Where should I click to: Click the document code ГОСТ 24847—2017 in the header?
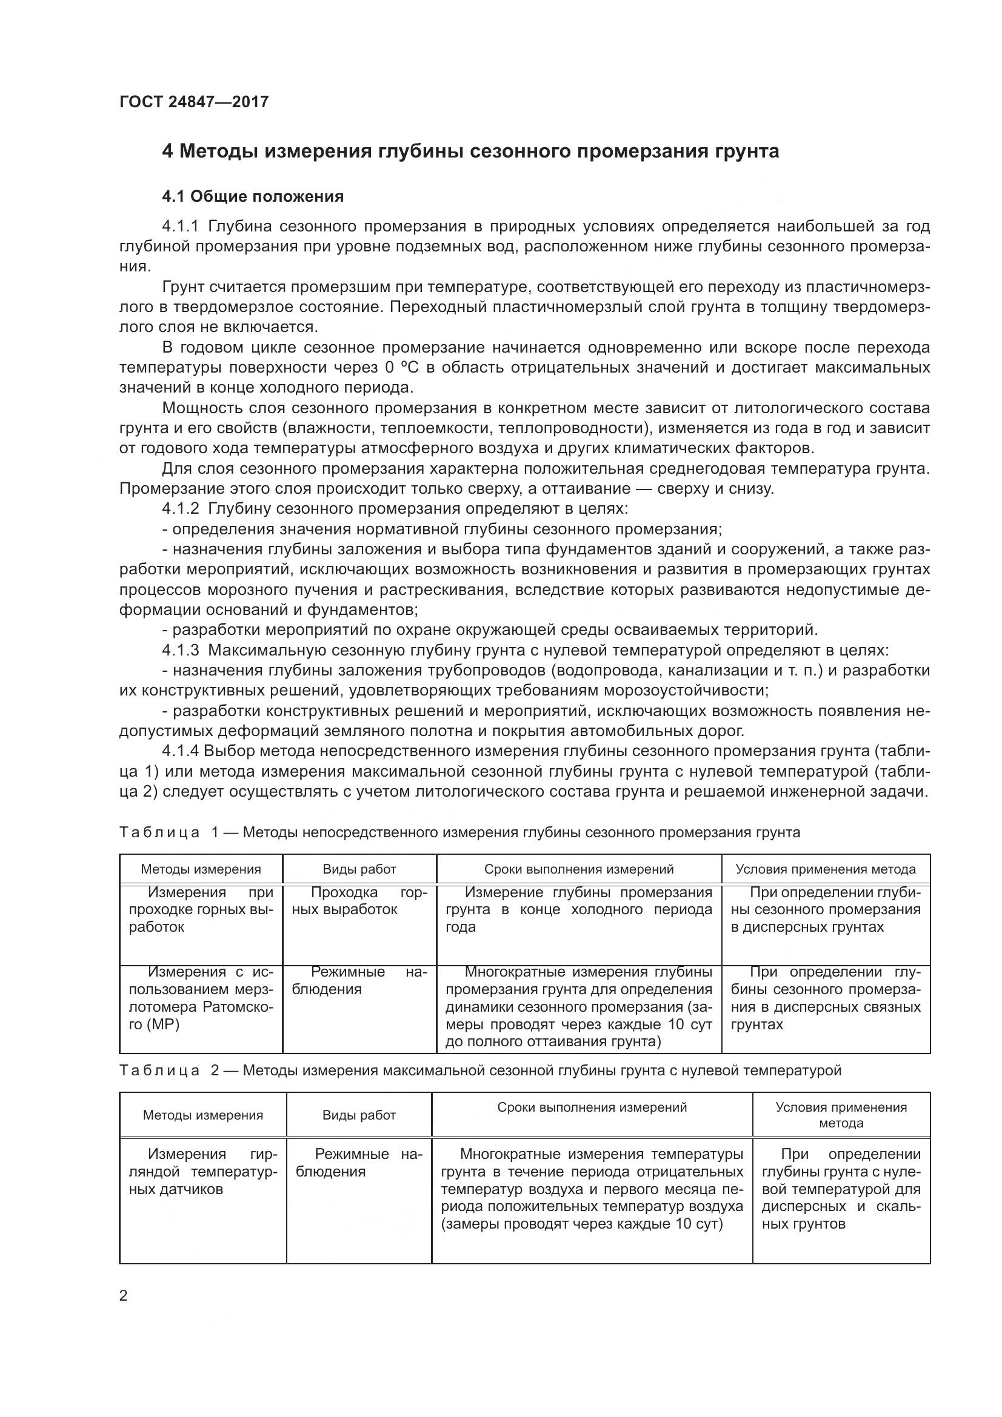194,102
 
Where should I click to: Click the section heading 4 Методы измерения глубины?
470,151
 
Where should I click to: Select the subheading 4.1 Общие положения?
253,197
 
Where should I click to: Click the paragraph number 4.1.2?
180,509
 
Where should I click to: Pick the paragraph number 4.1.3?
180,651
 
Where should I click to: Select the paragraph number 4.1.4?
180,752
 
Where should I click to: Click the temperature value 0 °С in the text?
398,368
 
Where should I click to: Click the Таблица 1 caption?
459,832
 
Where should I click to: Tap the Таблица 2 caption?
479,1070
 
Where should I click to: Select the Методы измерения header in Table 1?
201,869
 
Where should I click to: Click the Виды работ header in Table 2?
359,1115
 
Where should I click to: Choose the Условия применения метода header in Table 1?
826,869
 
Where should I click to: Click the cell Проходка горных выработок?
359,901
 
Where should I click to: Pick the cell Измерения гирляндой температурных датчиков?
203,1172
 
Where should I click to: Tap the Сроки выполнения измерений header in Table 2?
592,1107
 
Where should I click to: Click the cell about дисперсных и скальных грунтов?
841,1189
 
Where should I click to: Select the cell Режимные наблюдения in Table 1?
359,981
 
